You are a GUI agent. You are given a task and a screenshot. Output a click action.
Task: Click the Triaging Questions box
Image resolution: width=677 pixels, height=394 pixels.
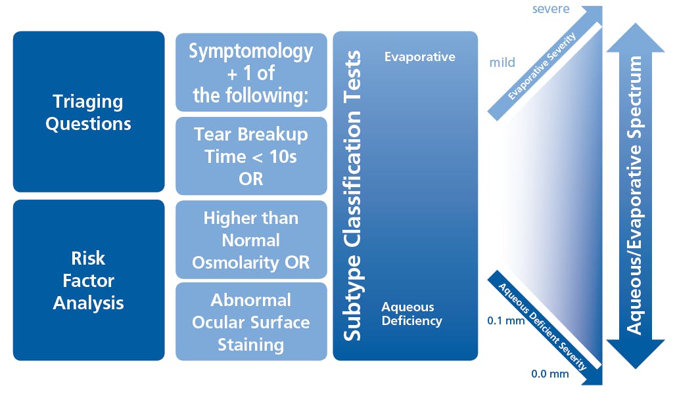click(x=89, y=112)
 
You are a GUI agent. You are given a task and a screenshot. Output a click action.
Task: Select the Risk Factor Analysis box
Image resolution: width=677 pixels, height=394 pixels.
click(x=89, y=280)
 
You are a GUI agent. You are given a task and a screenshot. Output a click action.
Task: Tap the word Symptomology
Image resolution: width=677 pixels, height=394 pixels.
click(x=251, y=52)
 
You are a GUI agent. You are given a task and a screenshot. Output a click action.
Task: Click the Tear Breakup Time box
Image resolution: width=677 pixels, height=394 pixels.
click(x=251, y=156)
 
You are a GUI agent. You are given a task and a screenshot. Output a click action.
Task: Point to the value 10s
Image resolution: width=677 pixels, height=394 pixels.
click(x=283, y=157)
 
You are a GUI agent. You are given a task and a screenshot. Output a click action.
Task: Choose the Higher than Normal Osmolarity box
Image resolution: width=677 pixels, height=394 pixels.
click(x=251, y=240)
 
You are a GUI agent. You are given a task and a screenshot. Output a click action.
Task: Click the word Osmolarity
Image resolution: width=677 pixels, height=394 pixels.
click(x=236, y=263)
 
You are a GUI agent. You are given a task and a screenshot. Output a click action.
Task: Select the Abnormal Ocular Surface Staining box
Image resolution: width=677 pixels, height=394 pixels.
click(x=251, y=322)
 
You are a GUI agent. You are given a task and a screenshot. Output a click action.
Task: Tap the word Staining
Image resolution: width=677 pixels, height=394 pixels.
click(x=251, y=345)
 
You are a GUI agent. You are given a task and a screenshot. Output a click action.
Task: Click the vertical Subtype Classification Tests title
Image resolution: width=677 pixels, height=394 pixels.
click(x=352, y=196)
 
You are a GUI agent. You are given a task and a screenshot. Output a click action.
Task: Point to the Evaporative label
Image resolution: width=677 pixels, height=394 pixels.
click(x=419, y=57)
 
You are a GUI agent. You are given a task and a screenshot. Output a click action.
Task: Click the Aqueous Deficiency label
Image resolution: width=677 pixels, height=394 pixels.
click(x=412, y=314)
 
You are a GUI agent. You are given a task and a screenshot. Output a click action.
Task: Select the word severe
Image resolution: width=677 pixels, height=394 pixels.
click(x=551, y=9)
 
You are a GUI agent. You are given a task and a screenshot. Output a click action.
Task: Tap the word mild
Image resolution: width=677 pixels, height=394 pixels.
click(x=502, y=62)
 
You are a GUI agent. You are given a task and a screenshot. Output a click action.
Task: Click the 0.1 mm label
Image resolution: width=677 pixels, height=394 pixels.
click(x=506, y=320)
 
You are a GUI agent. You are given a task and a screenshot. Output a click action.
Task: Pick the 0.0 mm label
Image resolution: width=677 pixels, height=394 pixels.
click(x=550, y=374)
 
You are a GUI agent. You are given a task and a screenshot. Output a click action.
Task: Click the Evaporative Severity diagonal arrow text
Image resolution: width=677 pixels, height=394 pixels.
click(x=542, y=66)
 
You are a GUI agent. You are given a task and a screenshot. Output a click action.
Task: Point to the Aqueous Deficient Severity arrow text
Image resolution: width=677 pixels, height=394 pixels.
click(x=543, y=326)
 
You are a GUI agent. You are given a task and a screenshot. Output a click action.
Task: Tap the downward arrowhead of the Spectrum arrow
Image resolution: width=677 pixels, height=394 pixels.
click(x=636, y=354)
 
